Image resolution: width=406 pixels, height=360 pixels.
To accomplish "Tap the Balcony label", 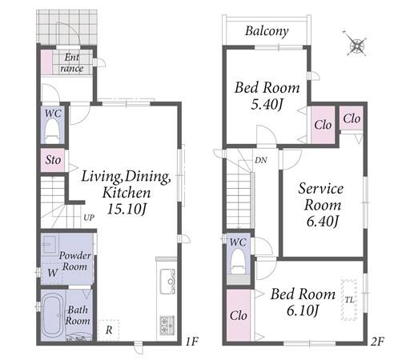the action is (267, 31).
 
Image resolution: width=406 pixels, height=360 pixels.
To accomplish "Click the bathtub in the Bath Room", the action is (52, 315).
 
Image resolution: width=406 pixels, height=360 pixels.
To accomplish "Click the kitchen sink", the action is (167, 282).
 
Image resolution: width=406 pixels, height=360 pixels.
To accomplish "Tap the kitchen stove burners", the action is (167, 325).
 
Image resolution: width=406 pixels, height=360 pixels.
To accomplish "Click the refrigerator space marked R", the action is (108, 330).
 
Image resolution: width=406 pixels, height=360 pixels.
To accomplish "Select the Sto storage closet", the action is (53, 160).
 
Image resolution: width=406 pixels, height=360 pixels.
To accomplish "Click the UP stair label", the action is (89, 218).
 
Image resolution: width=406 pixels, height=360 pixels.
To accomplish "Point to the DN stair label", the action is (261, 160).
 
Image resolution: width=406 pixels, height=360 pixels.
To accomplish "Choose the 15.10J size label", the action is (127, 209).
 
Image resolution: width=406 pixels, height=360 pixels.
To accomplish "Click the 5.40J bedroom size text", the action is (267, 104).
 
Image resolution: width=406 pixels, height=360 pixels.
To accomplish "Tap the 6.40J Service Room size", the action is (323, 221).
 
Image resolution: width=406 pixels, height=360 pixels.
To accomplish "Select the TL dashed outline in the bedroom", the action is (349, 300).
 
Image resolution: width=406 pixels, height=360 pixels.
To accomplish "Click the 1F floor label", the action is (192, 341).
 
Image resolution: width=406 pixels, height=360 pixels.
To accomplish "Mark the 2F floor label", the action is (377, 342).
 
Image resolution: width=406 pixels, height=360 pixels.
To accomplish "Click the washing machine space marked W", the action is (52, 273).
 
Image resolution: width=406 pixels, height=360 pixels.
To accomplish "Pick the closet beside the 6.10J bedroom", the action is (238, 315).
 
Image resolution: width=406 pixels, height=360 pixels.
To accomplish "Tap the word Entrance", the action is (72, 63).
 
